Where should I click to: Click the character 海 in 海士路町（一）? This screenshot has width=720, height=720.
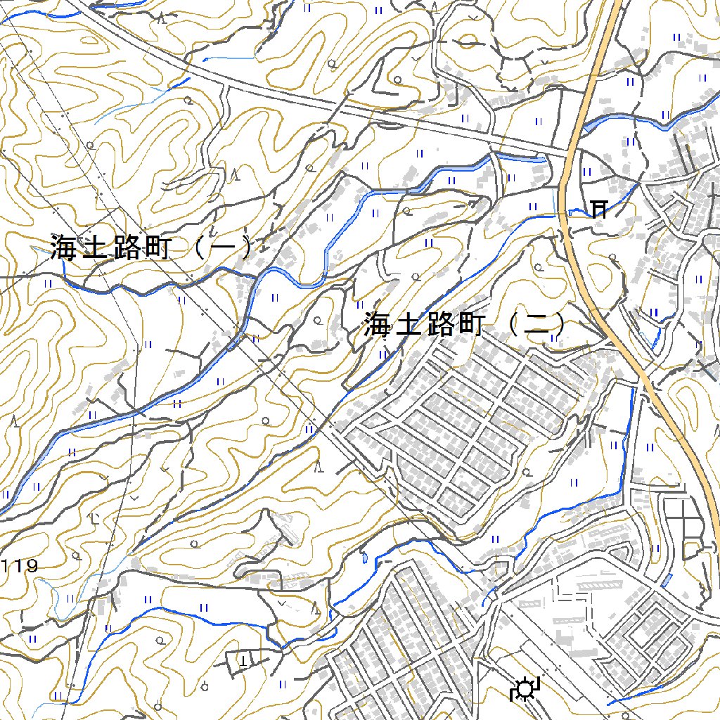(x=63, y=247)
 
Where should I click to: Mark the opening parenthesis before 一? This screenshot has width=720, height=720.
(x=198, y=247)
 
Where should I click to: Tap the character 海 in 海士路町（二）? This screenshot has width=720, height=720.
(x=378, y=324)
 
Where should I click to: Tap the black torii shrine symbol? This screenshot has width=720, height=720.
(x=599, y=209)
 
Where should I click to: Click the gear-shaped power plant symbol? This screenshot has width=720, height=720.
(x=524, y=690)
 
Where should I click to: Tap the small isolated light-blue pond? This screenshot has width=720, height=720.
(x=364, y=559)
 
